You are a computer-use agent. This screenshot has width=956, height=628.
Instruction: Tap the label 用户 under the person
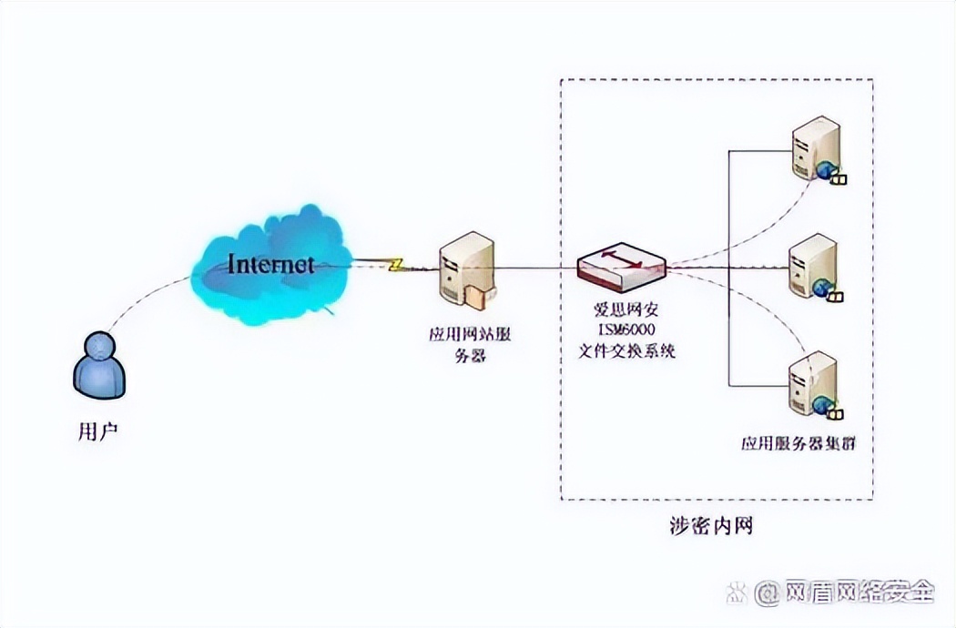coord(98,431)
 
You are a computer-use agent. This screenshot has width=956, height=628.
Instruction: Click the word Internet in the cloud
coord(270,265)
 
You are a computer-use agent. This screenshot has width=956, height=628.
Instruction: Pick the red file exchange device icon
coord(621,264)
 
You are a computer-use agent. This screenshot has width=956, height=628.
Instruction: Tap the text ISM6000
coord(626,329)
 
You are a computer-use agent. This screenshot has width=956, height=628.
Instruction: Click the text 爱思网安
coord(626,309)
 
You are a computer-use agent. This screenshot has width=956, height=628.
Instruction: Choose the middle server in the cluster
coord(813,265)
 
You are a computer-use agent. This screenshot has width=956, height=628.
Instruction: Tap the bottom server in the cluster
coord(813,381)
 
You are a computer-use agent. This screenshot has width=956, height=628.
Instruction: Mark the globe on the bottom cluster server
coord(824,404)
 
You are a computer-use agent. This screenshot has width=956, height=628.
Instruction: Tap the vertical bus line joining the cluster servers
coord(728,264)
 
